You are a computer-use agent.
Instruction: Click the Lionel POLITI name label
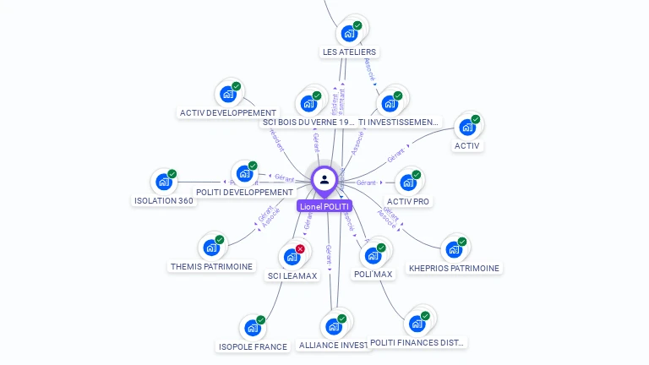(x=324, y=206)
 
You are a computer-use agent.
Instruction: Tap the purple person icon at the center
(x=324, y=180)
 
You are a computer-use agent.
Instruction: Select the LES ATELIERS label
(x=349, y=52)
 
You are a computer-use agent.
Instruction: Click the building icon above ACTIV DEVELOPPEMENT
(x=228, y=94)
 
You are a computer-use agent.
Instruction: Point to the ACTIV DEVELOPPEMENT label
(x=228, y=112)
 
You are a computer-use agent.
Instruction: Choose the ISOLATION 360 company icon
(x=164, y=182)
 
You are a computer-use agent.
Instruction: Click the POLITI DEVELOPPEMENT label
(x=244, y=192)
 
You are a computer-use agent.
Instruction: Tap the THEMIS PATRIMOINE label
(x=211, y=266)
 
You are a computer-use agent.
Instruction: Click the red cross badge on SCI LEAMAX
(x=300, y=248)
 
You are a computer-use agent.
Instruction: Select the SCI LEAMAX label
(x=292, y=275)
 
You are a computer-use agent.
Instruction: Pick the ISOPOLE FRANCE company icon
(x=253, y=328)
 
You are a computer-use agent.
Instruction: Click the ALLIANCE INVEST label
(x=334, y=345)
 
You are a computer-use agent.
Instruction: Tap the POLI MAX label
(x=373, y=274)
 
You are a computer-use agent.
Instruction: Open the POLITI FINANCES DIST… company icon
(x=417, y=324)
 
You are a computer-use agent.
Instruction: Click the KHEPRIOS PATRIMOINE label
(x=454, y=268)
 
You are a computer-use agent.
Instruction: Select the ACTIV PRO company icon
(x=408, y=182)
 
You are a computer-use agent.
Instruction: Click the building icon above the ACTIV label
(x=467, y=128)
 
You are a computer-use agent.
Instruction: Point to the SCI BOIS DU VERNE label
(x=308, y=122)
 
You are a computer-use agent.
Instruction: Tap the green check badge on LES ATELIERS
(x=357, y=26)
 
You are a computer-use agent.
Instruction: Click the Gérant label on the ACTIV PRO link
(x=366, y=182)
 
